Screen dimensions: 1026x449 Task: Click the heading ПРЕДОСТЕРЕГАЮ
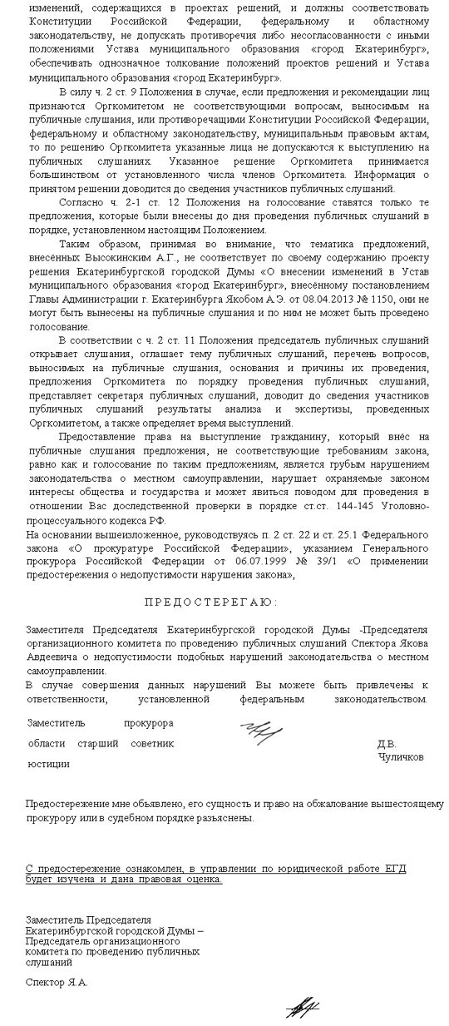(x=224, y=602)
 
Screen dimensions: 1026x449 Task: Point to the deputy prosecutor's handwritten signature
(x=262, y=732)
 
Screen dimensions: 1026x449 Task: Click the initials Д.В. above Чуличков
(x=387, y=744)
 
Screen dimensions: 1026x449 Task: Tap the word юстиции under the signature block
(x=48, y=764)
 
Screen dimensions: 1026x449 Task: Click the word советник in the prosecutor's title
(x=152, y=743)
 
